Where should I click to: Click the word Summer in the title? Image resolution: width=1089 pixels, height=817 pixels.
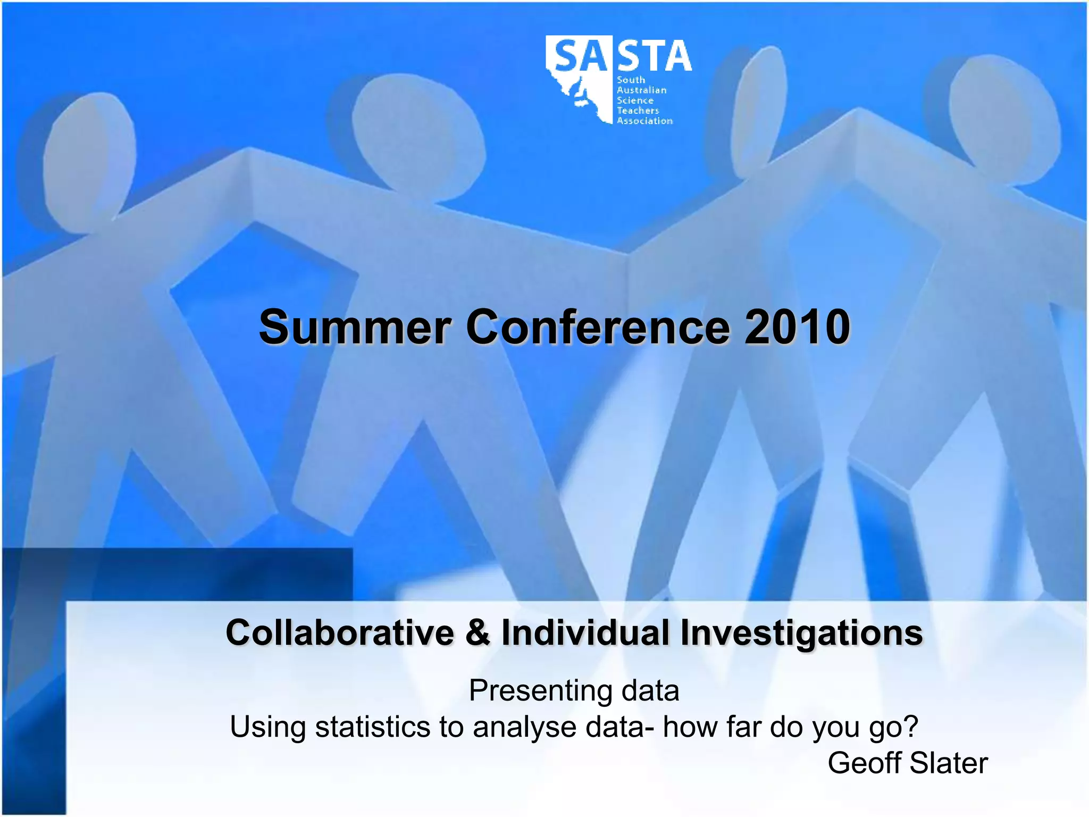pos(355,327)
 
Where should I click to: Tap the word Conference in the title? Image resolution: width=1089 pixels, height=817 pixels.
pos(598,327)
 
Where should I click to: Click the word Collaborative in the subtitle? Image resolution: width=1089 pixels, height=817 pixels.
pos(340,633)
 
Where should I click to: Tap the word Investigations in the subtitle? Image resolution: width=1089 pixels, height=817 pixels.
pos(801,633)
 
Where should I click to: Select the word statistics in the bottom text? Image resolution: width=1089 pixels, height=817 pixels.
pos(372,727)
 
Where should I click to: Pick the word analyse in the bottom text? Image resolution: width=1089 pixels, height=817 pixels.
pos(524,728)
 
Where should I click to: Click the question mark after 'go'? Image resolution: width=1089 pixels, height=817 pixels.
pos(911,727)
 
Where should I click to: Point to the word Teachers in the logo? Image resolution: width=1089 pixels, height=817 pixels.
pos(638,111)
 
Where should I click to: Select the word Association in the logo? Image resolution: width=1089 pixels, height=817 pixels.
pos(644,121)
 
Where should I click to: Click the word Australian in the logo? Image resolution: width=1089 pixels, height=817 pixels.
pos(641,90)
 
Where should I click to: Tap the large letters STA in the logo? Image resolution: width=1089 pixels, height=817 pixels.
pos(655,56)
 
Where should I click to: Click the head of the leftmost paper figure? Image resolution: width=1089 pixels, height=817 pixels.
pos(88,154)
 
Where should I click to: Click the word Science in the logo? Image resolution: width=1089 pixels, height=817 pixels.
pos(635,101)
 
